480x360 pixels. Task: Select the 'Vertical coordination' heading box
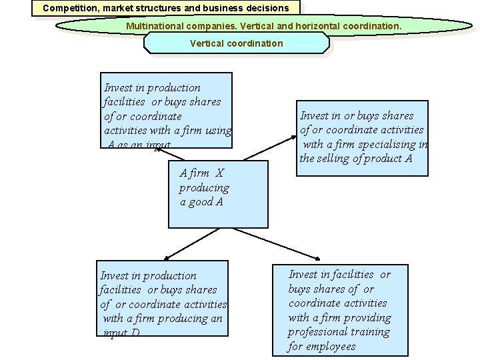[236, 43]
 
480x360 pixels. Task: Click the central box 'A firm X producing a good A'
[218, 194]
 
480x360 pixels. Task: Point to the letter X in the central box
[220, 173]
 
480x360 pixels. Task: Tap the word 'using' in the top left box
[217, 131]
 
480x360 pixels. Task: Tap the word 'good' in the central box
[202, 202]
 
